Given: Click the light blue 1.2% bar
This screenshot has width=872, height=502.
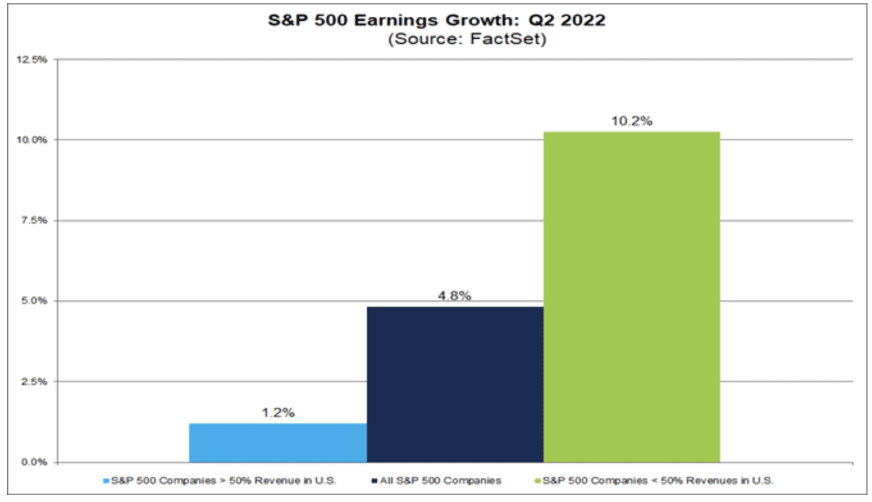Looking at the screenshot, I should [278, 442].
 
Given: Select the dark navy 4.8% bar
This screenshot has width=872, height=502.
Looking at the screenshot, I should [455, 384].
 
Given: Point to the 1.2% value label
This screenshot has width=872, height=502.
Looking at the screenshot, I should [278, 413].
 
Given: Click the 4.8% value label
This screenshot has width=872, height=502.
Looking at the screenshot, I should [455, 296].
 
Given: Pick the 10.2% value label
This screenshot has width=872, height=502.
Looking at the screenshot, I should [631, 121].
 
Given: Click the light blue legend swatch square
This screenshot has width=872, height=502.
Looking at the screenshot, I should [106, 480].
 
